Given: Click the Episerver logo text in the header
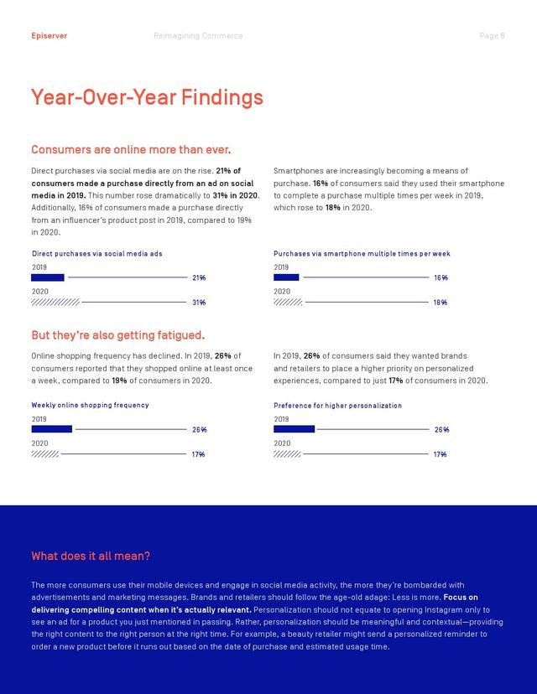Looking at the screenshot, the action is [50, 36].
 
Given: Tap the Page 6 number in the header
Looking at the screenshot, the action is [492, 36].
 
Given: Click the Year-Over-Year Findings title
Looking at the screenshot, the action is [147, 97].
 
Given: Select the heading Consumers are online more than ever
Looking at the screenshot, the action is [131, 149].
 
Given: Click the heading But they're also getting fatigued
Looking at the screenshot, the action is [118, 335].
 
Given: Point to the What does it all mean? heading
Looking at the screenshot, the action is [91, 556].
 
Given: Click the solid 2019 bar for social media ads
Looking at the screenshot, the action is [48, 277].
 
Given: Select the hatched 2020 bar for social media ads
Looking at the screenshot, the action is [55, 303].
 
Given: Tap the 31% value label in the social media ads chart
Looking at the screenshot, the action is [199, 303].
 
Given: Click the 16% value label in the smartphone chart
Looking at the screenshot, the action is [441, 277].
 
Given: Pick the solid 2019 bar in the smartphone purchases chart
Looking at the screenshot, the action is [286, 277].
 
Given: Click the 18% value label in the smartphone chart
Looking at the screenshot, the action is [441, 303].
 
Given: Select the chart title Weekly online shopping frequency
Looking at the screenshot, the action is [90, 405].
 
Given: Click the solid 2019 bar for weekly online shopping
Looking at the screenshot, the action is [52, 429].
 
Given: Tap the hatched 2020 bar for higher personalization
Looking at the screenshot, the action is [287, 454].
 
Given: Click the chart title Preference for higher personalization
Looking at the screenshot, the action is [337, 406].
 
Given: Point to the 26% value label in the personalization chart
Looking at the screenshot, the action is [441, 429].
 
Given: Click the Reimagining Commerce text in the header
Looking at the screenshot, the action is [198, 36].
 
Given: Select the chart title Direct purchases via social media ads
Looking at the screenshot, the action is [97, 254].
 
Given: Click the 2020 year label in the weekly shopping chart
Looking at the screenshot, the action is [40, 443].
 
